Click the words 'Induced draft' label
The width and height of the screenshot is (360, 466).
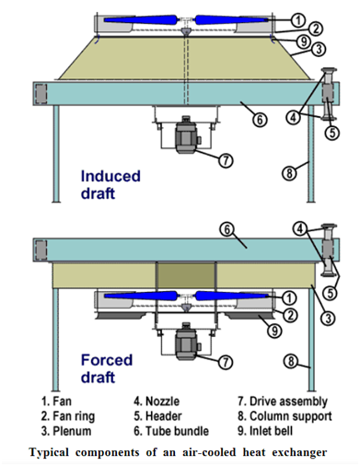pos(110,184)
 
